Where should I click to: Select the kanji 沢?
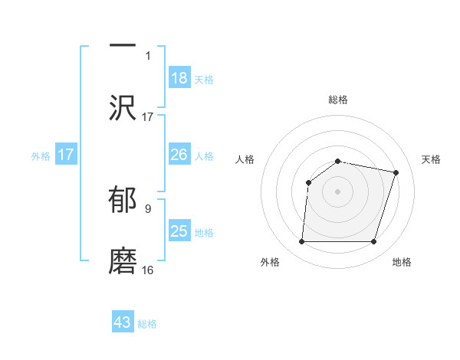(123, 107)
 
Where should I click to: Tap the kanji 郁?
(123, 198)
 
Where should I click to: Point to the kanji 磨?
(123, 260)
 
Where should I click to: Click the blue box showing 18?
(179, 78)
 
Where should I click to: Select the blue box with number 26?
(179, 155)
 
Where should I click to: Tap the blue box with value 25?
(179, 231)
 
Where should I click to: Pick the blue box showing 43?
(123, 322)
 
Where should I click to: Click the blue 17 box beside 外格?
(66, 155)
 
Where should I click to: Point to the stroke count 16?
(148, 270)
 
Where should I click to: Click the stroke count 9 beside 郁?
(148, 208)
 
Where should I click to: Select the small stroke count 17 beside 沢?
(148, 117)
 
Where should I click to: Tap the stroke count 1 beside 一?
(148, 56)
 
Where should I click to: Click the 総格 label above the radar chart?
(338, 100)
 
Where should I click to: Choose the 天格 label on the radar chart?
(431, 159)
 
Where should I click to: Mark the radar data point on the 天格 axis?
(396, 172)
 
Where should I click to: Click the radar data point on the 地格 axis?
(373, 242)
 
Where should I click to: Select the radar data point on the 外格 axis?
(301, 242)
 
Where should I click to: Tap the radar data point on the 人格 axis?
(308, 182)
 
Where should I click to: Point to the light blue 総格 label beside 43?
(147, 324)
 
